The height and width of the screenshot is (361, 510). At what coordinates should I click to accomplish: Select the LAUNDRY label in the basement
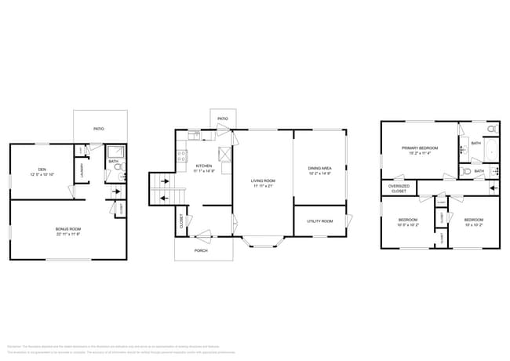pos(81,170)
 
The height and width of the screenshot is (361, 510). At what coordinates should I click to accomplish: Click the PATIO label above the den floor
pos(99,129)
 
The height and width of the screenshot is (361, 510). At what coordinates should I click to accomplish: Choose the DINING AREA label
pos(319,170)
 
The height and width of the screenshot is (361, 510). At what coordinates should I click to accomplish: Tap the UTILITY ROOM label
pos(319,221)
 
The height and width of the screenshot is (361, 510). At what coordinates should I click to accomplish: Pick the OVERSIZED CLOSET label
pos(399,189)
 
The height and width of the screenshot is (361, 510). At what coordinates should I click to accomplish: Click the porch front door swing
pos(205,233)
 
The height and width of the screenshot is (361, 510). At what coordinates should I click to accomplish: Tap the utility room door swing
pos(346,221)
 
